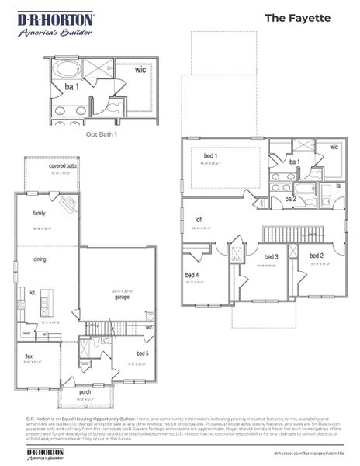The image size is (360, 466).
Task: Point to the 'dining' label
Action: pyautogui.click(x=40, y=259)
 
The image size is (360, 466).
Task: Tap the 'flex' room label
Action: pyautogui.click(x=29, y=356)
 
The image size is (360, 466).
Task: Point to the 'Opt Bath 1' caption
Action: pyautogui.click(x=101, y=134)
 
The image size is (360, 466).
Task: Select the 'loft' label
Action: pyautogui.click(x=199, y=221)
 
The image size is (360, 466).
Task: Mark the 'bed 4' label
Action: pyautogui.click(x=192, y=275)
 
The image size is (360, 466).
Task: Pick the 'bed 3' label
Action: pyautogui.click(x=271, y=257)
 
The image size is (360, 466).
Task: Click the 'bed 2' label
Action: pyautogui.click(x=316, y=256)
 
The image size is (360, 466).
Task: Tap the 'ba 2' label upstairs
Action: pyautogui.click(x=291, y=199)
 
